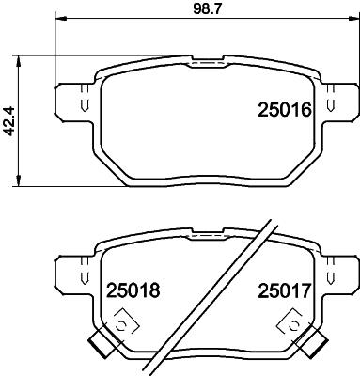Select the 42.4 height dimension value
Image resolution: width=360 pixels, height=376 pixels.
(x=10, y=120)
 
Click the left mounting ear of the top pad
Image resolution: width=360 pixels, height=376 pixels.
(x=72, y=100)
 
